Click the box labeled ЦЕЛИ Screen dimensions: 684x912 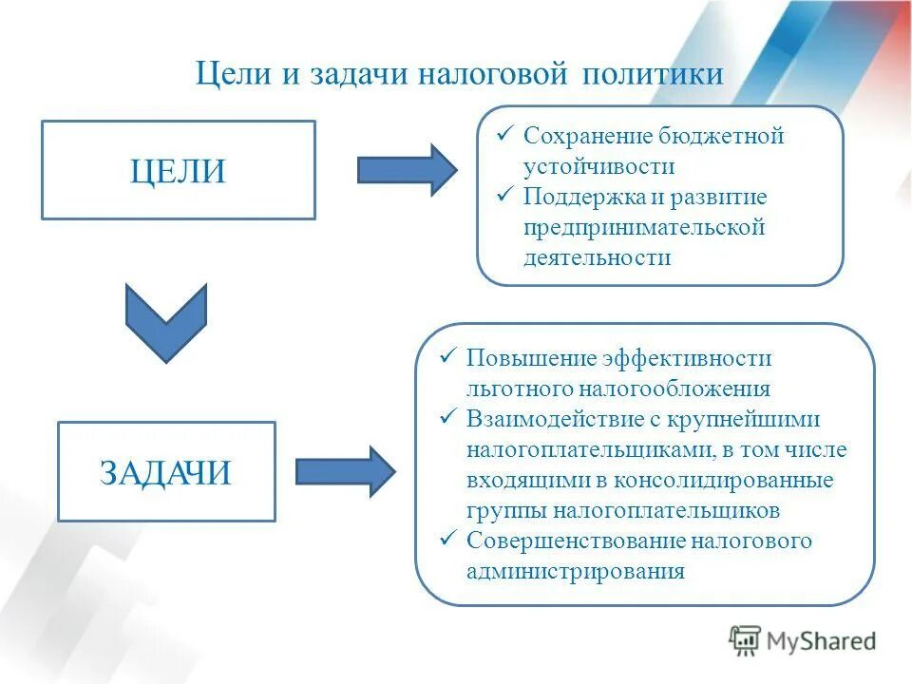pos(178,171)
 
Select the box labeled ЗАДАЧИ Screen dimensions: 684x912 pos(166,472)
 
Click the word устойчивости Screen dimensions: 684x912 pos(598,166)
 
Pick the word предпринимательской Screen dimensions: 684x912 pos(644,227)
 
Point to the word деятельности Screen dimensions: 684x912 pos(597,257)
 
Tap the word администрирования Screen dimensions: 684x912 pos(575,571)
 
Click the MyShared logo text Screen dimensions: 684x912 pos(821,641)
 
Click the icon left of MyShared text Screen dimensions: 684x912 pos(745,641)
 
